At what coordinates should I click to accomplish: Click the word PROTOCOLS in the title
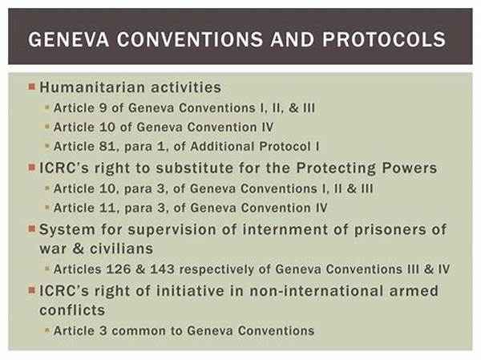[384, 39]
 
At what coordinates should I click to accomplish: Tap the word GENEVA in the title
[69, 39]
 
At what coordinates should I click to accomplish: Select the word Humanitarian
[92, 87]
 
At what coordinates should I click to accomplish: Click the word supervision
[172, 229]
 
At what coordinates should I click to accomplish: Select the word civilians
[122, 249]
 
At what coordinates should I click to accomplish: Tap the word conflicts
[72, 310]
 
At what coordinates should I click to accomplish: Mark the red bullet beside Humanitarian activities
[32, 87]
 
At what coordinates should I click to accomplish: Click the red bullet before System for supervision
[32, 229]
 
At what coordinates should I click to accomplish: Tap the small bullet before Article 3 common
[47, 330]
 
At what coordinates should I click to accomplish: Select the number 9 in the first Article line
[103, 108]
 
